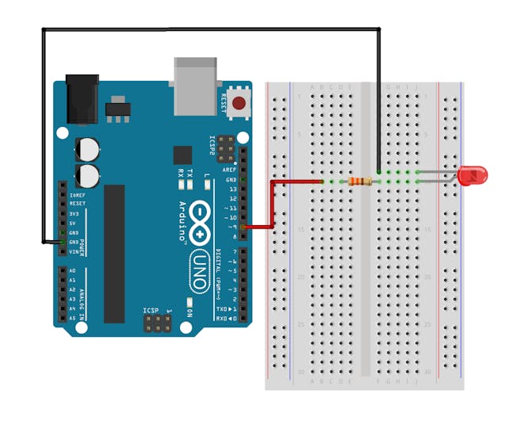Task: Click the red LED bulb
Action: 473,175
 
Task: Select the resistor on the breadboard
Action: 360,182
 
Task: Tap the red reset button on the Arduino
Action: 238,102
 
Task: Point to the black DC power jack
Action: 82,99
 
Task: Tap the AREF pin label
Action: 229,170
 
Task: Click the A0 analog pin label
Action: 72,270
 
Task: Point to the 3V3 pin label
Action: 74,213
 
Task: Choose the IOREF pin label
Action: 77,194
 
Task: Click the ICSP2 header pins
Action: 226,147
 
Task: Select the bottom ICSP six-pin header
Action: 158,323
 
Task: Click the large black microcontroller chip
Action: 114,254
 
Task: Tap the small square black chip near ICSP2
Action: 182,155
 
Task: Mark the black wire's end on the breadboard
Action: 379,170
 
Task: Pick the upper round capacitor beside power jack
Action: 88,148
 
